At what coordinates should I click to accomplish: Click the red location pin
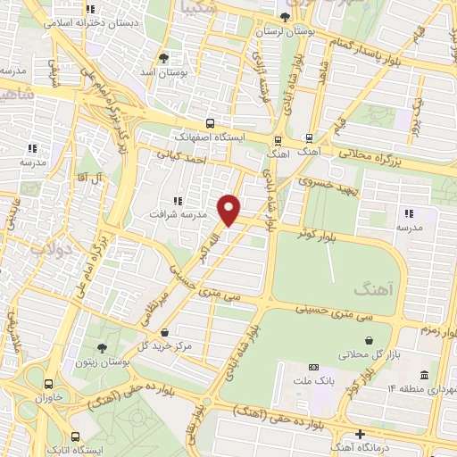230,211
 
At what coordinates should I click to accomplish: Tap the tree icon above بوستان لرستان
284,17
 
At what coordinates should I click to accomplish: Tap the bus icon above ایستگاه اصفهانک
209,124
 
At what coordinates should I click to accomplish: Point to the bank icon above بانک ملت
313,367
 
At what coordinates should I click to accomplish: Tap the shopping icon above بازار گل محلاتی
370,339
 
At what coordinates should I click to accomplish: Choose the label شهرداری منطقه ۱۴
420,390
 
